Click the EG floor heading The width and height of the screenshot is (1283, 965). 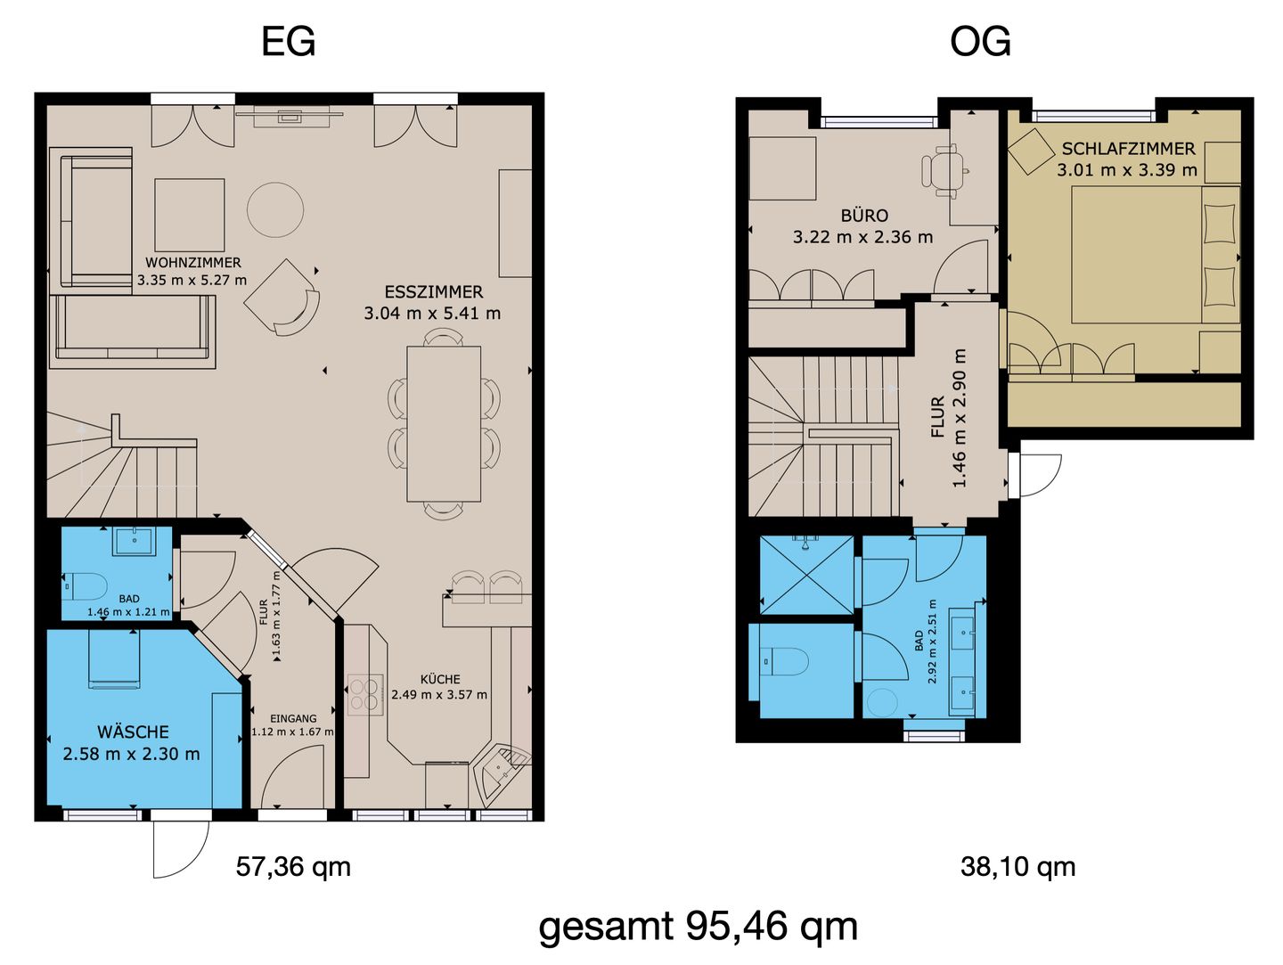point(288,42)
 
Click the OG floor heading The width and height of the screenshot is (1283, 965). point(980,42)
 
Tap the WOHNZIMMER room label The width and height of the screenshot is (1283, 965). point(192,263)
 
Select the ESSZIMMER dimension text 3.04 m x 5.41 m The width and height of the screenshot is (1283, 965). point(432,314)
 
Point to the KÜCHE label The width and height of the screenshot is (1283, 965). point(440,679)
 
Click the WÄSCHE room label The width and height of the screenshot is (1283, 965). point(133,732)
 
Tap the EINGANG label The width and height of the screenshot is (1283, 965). point(293,719)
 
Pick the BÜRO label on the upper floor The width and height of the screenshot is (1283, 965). point(864,216)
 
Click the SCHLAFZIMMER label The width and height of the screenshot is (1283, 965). point(1128,149)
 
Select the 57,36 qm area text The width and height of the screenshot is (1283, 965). point(293,866)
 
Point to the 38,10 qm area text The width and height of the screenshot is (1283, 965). point(1017,866)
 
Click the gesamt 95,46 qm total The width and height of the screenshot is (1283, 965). point(698,927)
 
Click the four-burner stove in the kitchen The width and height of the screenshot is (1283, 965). point(365,695)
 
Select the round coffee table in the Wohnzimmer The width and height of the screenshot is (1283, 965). point(275,209)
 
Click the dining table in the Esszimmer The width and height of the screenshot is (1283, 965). point(445,424)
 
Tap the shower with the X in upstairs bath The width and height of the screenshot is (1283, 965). point(806,575)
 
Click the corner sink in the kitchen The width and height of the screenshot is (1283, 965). point(502,772)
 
